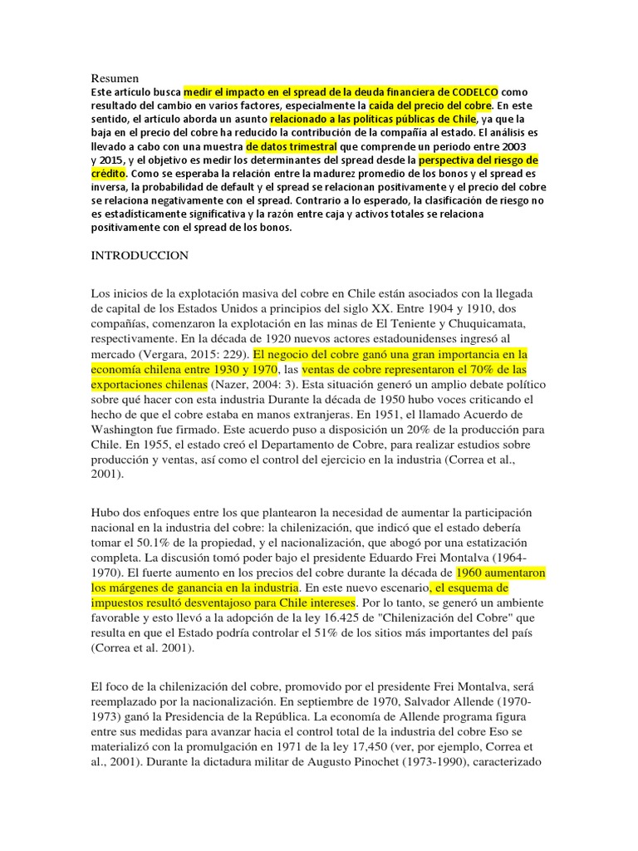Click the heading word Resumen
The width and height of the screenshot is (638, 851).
pyautogui.click(x=115, y=77)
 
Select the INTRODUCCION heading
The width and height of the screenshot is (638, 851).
pyautogui.click(x=140, y=256)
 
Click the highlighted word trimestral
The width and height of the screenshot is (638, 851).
pyautogui.click(x=307, y=145)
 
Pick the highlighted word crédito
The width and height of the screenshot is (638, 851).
pyautogui.click(x=108, y=174)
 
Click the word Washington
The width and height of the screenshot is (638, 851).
pyautogui.click(x=128, y=431)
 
